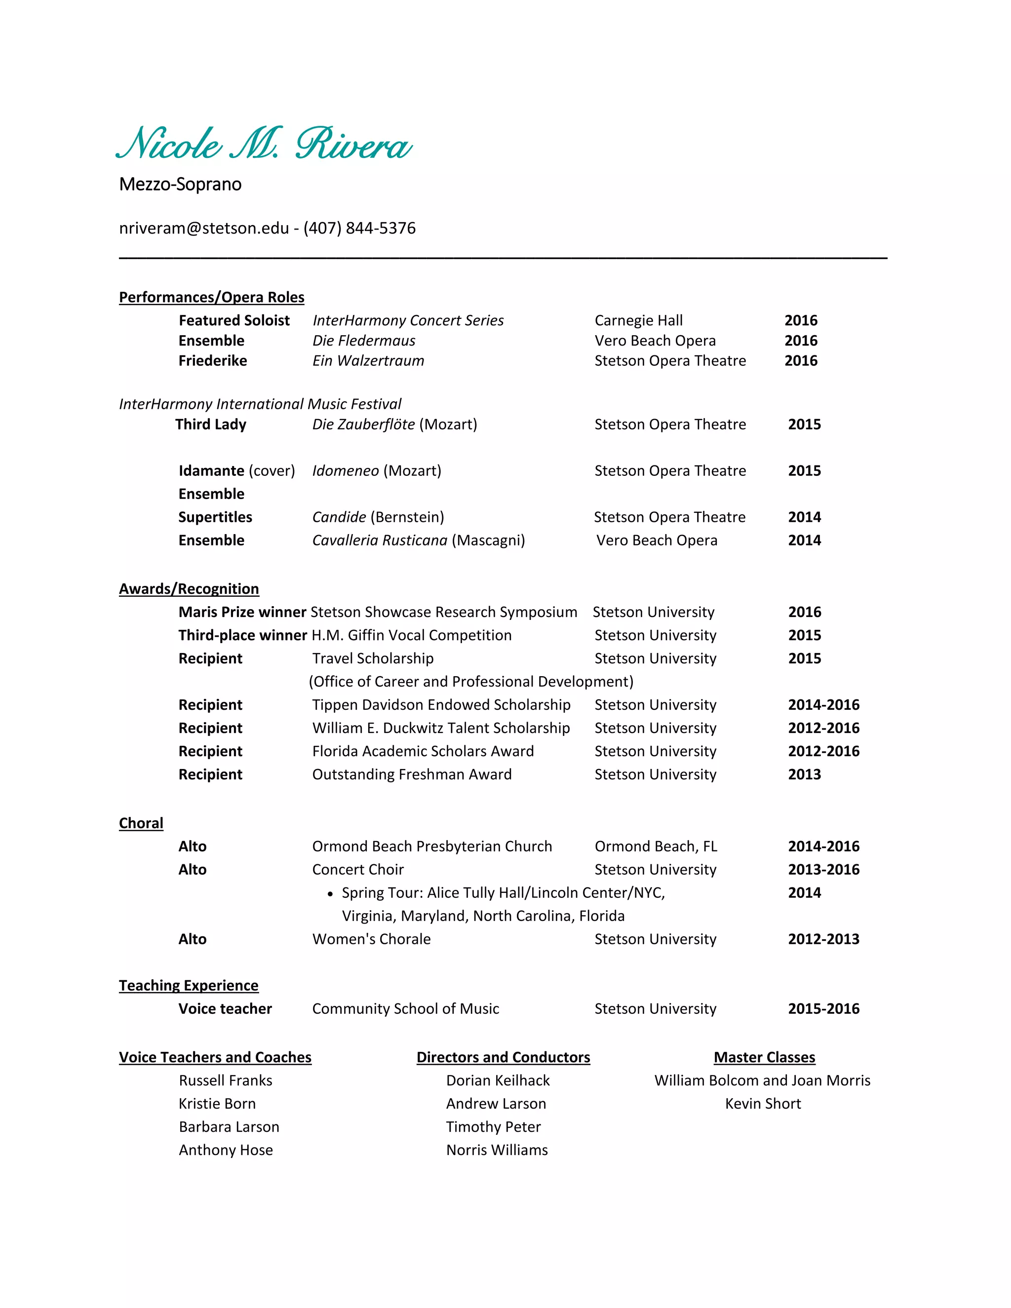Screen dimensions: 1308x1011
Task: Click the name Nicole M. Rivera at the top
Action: [264, 144]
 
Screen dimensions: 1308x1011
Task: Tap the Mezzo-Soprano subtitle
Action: [180, 185]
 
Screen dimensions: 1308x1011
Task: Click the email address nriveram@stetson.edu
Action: [204, 228]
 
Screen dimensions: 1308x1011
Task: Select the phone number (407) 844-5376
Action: [359, 228]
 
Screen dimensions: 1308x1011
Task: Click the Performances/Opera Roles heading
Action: [211, 298]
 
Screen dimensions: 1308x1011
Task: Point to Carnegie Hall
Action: [638, 320]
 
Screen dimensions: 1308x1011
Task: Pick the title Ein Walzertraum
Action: [368, 360]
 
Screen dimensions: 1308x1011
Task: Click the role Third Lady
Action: [211, 424]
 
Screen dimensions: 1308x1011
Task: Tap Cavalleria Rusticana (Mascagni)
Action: [418, 540]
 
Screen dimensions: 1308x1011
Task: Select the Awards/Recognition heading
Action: [189, 589]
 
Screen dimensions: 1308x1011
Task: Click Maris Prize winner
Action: [242, 612]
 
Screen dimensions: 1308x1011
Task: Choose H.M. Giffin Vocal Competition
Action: [412, 635]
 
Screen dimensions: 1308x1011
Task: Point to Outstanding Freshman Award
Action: [412, 774]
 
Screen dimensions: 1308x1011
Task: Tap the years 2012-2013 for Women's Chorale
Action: [823, 939]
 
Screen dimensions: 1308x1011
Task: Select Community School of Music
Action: [405, 1008]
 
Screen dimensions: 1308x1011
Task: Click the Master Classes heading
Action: [764, 1057]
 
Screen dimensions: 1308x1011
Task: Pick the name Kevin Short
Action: [762, 1104]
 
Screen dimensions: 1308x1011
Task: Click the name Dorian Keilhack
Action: [498, 1080]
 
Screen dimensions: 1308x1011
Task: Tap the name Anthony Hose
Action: [226, 1150]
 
